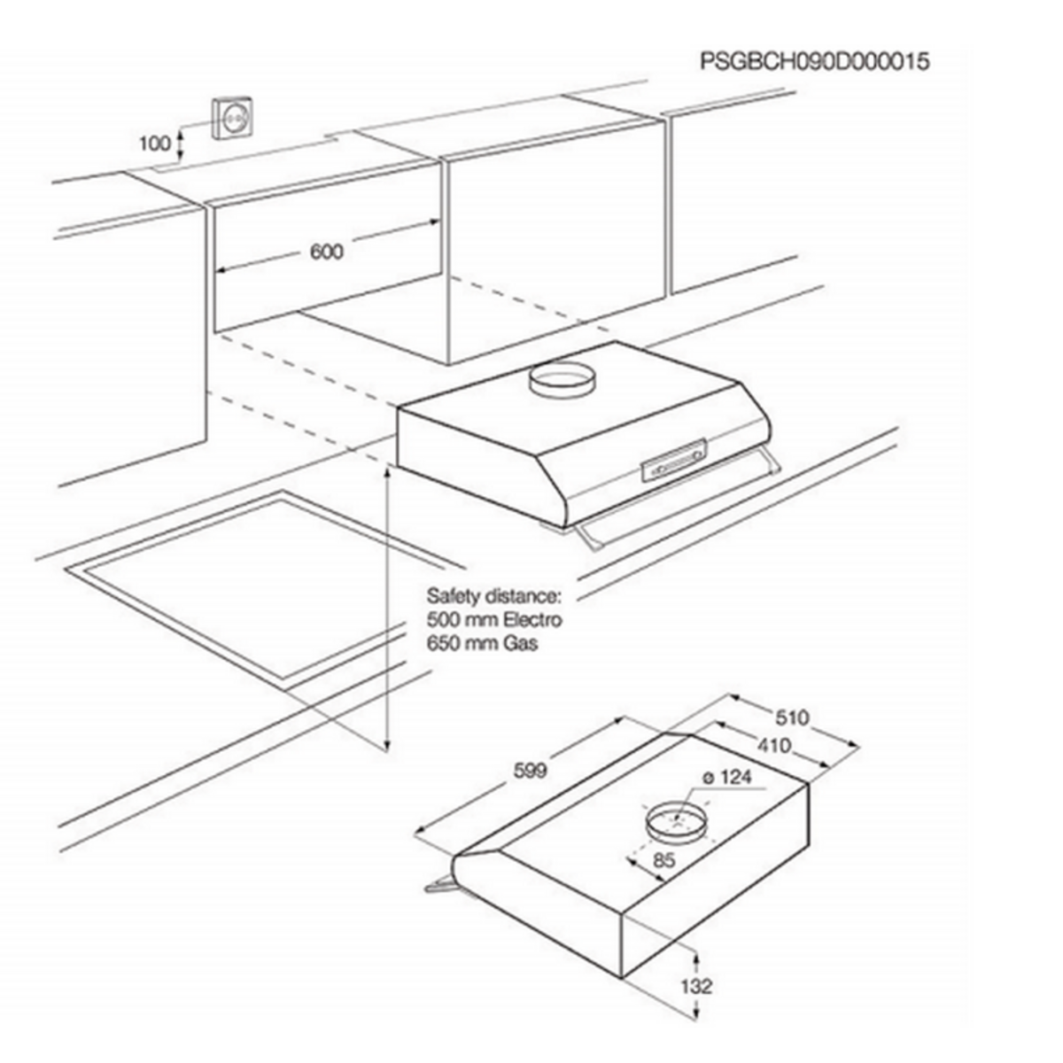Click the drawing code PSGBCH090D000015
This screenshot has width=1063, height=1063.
[814, 62]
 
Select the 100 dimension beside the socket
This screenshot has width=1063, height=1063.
[154, 143]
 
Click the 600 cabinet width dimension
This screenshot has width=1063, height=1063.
[326, 252]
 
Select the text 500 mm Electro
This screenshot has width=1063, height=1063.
[494, 619]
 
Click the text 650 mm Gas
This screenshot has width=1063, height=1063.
[482, 644]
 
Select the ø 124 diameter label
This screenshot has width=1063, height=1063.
[726, 778]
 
